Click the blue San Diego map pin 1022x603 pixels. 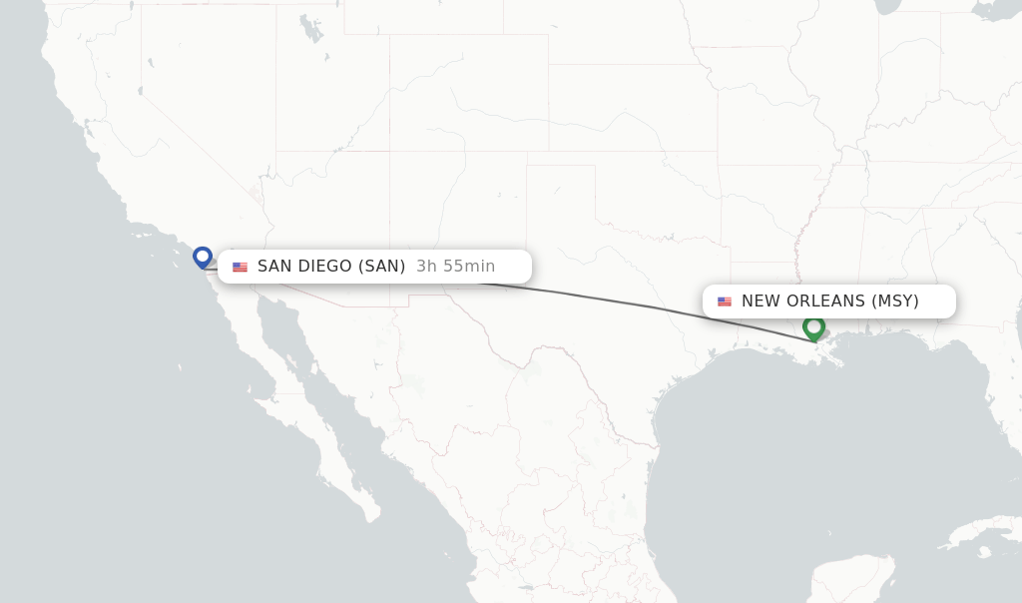coord(203,258)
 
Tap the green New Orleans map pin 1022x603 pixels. coord(813,326)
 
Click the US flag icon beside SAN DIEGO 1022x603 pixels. coord(240,267)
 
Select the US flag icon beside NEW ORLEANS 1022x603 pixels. coord(725,301)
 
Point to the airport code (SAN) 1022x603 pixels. coord(382,267)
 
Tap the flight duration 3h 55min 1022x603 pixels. coord(455,267)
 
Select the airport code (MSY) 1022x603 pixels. coord(895,301)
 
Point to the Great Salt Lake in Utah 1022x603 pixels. coord(311,30)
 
